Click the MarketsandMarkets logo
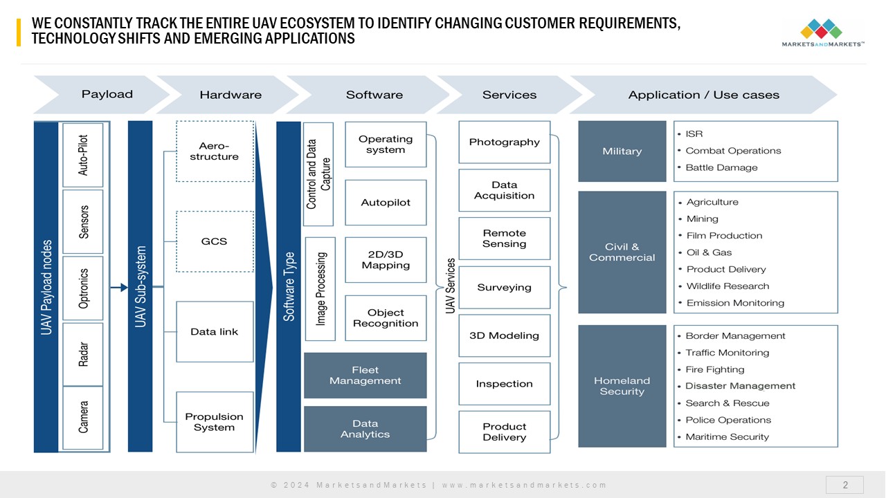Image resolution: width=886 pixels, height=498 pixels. coord(822,33)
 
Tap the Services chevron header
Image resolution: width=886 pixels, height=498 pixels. coord(509,95)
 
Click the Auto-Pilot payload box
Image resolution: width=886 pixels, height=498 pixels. coord(83,155)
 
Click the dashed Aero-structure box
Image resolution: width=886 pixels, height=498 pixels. coord(215,151)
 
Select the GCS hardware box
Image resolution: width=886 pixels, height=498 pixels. coord(215,241)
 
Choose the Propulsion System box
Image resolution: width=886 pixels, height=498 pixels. coord(215,422)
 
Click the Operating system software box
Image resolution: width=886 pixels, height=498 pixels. coord(386,145)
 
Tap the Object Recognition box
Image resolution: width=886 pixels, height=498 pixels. coord(386,318)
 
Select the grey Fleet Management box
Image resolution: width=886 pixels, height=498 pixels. coord(365,376)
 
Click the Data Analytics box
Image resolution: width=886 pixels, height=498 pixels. coord(365,429)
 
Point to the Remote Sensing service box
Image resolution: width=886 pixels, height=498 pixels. coord(505,239)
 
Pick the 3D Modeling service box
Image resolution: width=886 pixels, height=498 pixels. coord(505,335)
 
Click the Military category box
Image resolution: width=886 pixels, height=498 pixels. coord(622,151)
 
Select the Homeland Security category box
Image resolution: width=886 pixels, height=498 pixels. coord(622,386)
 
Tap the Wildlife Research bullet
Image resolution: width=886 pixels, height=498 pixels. coord(727,286)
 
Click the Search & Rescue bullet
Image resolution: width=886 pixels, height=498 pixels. coord(727,403)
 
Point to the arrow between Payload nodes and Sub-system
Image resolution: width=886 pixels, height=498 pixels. coord(119,287)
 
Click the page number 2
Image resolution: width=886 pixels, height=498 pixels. coord(844,485)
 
